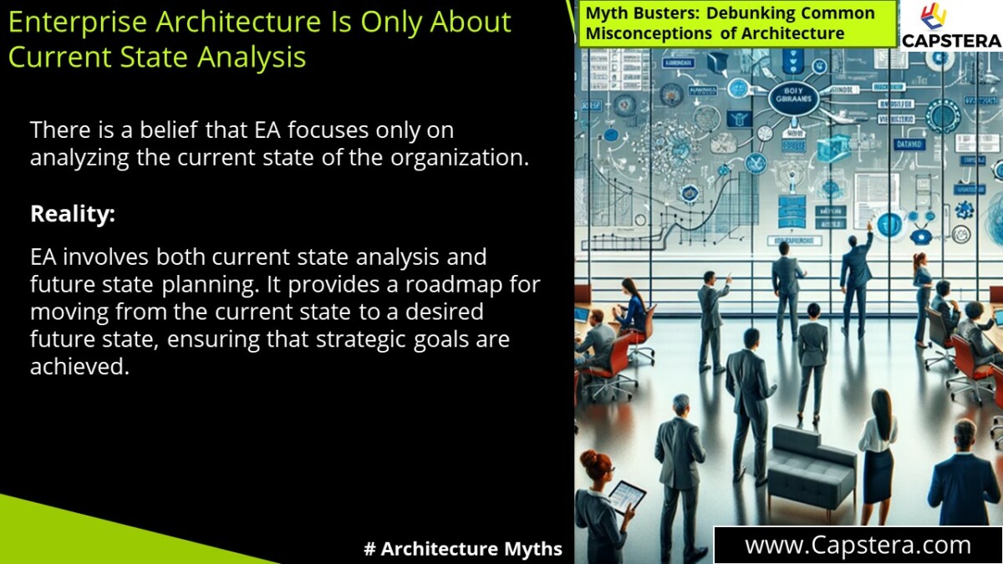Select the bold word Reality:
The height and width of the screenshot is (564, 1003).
73,214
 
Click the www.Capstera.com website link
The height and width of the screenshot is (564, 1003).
858,546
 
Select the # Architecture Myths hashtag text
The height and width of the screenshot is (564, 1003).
463,549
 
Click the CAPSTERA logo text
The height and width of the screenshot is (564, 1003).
951,39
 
